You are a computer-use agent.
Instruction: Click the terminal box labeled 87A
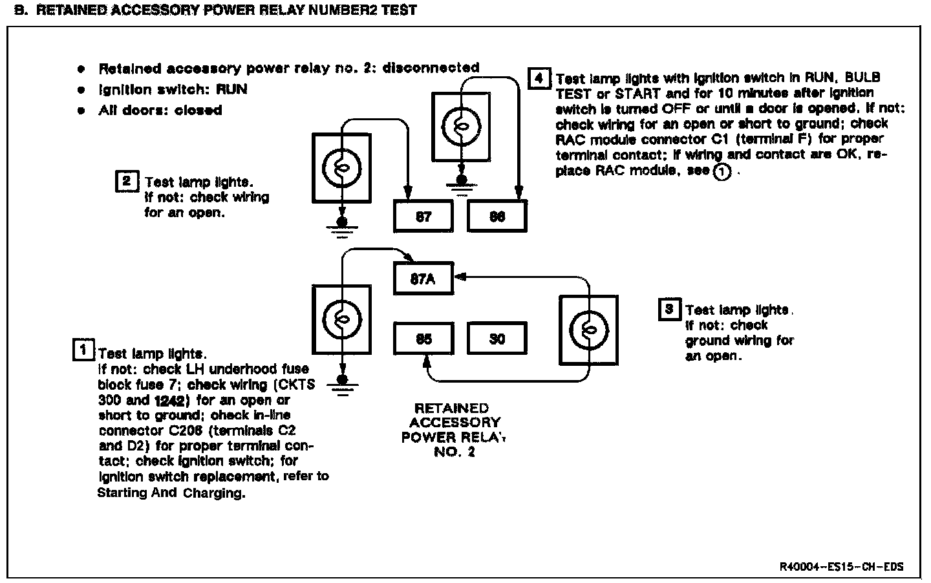click(x=423, y=280)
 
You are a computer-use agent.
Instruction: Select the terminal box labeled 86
click(x=497, y=217)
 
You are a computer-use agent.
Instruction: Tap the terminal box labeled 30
click(x=497, y=338)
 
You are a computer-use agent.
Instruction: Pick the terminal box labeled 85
click(x=423, y=338)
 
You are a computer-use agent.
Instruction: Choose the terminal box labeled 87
click(x=423, y=217)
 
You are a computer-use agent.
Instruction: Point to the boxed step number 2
click(x=126, y=181)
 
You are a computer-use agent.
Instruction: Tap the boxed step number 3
click(x=669, y=309)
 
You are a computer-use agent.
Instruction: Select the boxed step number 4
click(x=539, y=79)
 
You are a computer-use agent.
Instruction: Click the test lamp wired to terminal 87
click(x=342, y=166)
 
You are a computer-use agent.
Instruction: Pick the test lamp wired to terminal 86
click(x=460, y=126)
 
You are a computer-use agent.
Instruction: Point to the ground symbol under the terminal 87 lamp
click(x=342, y=226)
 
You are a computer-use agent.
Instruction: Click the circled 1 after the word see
click(x=722, y=172)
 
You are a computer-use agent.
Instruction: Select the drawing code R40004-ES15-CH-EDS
click(x=841, y=567)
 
